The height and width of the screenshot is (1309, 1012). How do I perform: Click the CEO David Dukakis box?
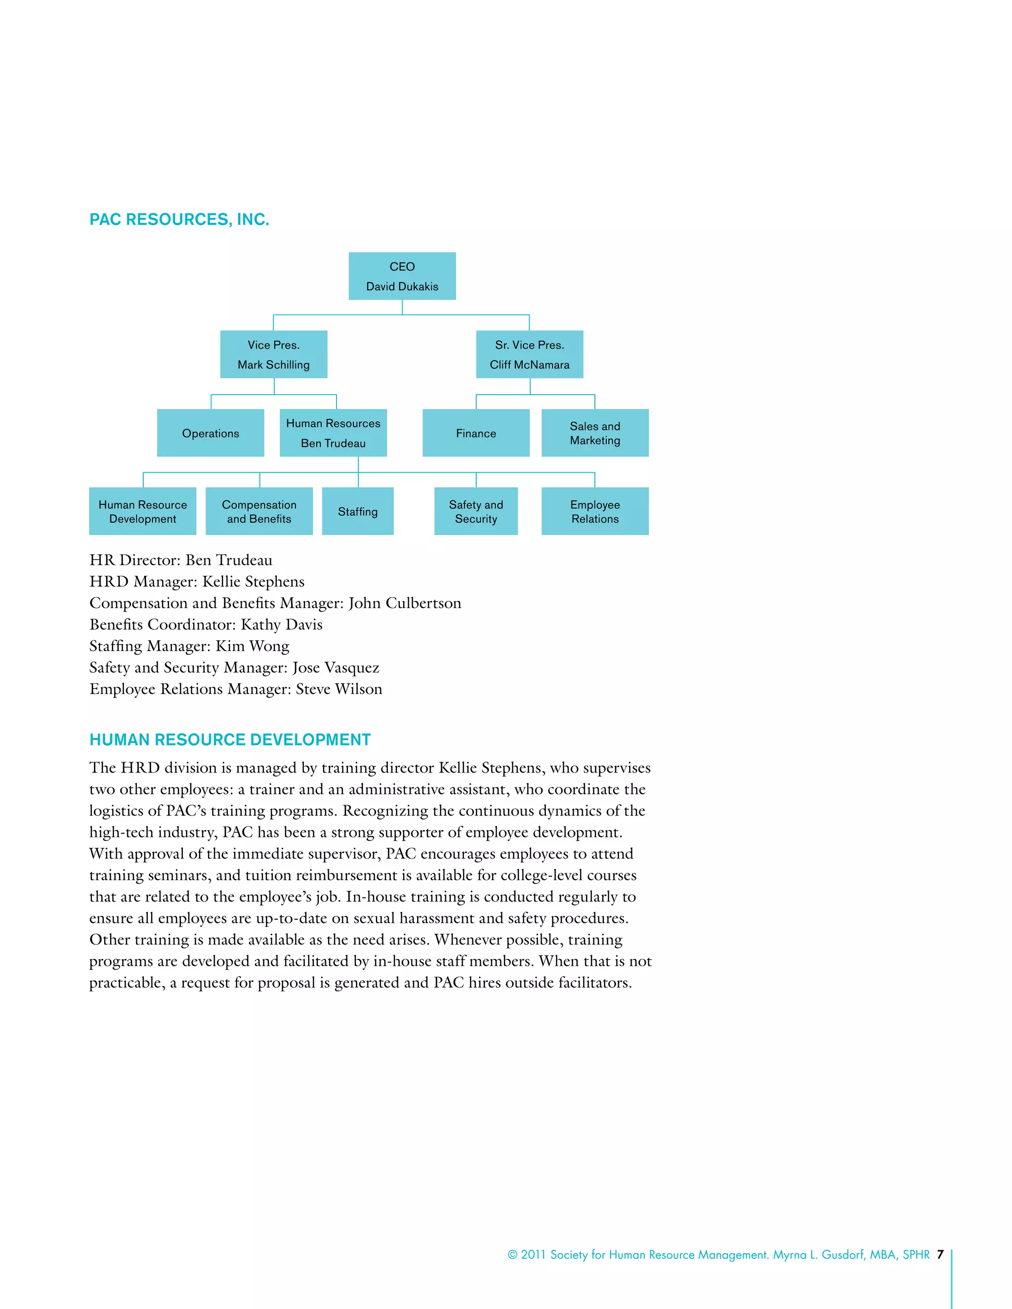(402, 276)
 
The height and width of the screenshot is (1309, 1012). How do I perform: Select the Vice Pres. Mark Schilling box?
(273, 354)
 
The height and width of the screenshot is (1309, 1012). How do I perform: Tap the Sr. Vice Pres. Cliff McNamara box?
(529, 354)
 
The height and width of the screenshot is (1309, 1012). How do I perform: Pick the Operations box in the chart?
(211, 433)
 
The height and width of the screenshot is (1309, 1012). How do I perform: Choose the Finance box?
(475, 433)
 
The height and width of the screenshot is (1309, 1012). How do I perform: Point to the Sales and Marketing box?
(595, 433)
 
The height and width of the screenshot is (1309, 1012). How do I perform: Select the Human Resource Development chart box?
(143, 511)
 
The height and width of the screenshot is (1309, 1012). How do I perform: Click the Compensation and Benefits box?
(259, 511)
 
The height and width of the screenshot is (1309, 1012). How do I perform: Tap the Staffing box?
(357, 511)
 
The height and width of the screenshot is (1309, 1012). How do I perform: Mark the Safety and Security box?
(475, 511)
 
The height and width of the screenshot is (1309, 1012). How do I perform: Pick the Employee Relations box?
(595, 511)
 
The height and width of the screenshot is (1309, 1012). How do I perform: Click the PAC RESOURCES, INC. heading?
(179, 219)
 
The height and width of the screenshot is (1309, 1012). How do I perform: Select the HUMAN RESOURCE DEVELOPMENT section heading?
(230, 739)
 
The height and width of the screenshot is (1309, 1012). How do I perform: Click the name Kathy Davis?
(281, 624)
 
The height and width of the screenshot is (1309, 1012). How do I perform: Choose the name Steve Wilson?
(338, 689)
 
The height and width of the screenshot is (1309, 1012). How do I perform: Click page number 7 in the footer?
(940, 1255)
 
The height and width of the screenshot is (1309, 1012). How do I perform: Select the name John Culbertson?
(405, 603)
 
